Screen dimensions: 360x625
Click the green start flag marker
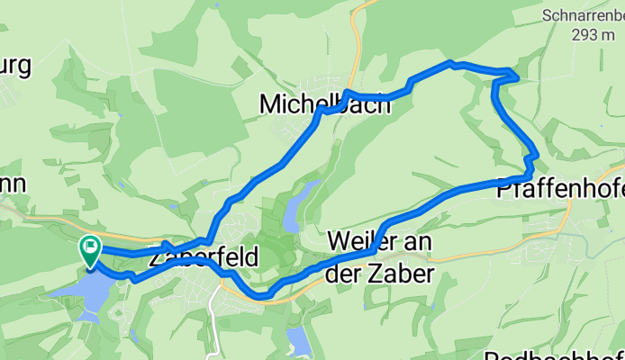[91, 249]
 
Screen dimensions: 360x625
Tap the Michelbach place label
[325, 104]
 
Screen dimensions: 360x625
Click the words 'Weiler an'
[380, 241]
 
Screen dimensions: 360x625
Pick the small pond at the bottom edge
[298, 341]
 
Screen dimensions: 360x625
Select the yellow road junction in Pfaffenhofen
[569, 225]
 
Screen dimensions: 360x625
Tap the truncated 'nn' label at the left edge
[13, 184]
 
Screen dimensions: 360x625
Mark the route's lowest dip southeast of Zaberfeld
[263, 293]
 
